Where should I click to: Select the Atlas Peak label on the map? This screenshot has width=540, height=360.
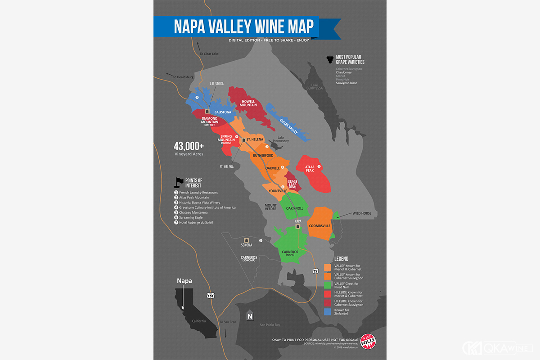pos(310,169)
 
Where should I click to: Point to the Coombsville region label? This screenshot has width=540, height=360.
pos(320,225)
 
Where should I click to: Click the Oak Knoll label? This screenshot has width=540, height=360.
pos(295,208)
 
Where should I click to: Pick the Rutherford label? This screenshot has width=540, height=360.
pos(263,156)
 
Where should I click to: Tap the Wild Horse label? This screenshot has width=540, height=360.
pos(362,213)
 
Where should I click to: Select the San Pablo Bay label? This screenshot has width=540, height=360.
pos(270,324)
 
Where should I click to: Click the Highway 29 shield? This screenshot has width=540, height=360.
pos(316,271)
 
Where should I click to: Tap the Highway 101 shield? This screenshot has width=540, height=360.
pos(211,295)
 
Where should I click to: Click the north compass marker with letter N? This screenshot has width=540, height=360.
pos(250,315)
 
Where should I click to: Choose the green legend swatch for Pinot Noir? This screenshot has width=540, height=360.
pos(328,284)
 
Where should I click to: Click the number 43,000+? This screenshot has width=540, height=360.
pos(189,146)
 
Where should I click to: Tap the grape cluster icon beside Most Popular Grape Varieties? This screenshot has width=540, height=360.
pos(329,59)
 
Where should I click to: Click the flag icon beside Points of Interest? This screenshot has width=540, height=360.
pos(179,182)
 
